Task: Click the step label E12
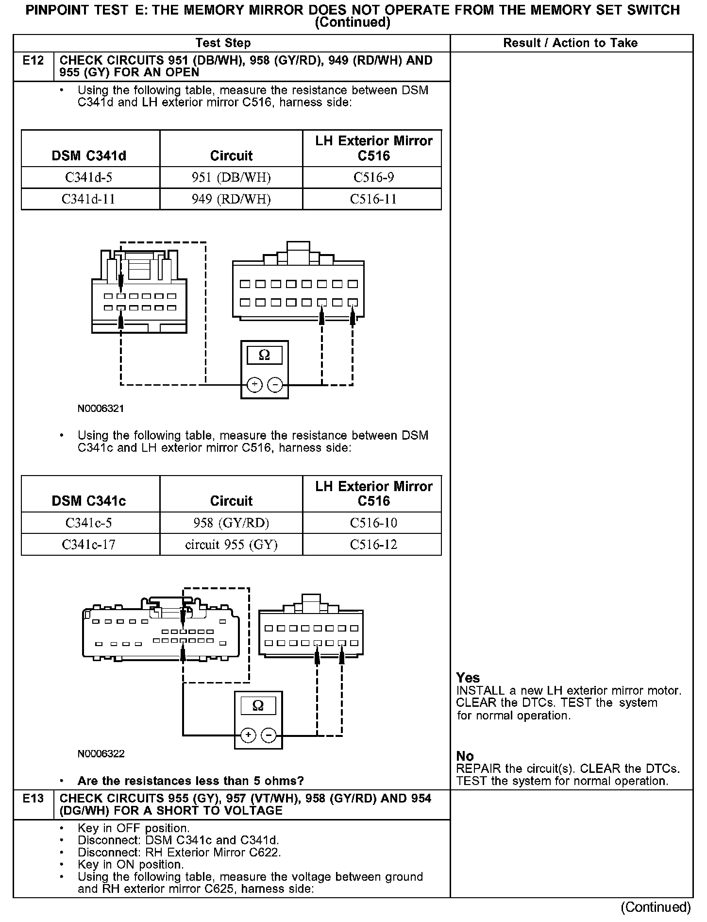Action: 33,61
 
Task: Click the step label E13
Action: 33,798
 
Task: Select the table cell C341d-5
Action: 89,177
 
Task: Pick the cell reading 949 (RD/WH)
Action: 231,199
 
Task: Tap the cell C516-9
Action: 373,177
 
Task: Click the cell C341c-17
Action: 89,545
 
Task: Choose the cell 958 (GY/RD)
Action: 231,523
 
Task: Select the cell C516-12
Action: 373,545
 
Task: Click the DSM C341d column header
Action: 89,155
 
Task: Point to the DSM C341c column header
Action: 89,501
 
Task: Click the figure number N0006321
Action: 101,409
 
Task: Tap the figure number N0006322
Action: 101,753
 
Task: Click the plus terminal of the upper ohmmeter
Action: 254,385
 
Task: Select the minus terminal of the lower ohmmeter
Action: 269,735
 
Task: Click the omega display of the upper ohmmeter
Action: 264,355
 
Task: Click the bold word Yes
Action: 468,678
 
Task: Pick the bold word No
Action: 465,756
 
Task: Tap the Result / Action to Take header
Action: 570,43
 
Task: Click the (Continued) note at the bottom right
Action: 655,906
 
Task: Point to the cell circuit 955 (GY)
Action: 231,545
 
